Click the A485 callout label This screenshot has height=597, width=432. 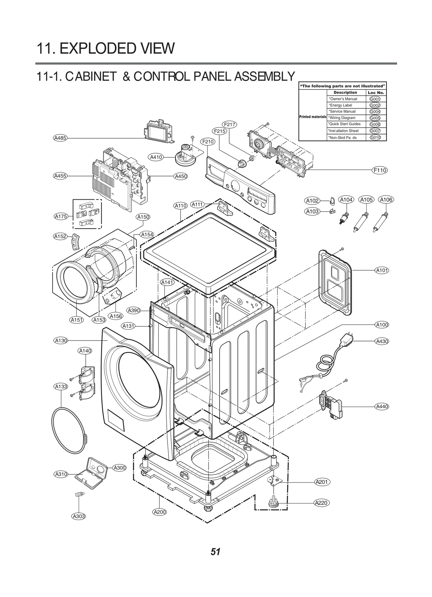tap(60, 138)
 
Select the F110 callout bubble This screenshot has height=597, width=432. tap(380, 170)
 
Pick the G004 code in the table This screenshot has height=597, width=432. tap(375, 112)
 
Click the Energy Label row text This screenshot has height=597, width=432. tap(340, 105)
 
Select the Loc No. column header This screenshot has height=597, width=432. tap(376, 92)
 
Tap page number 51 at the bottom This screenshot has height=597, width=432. tap(215, 552)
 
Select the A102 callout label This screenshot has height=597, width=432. tap(312, 201)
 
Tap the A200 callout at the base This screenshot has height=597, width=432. tap(160, 512)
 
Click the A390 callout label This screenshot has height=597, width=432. tap(134, 310)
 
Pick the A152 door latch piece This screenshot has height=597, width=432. tap(74, 240)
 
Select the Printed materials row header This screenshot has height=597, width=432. tap(313, 117)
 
